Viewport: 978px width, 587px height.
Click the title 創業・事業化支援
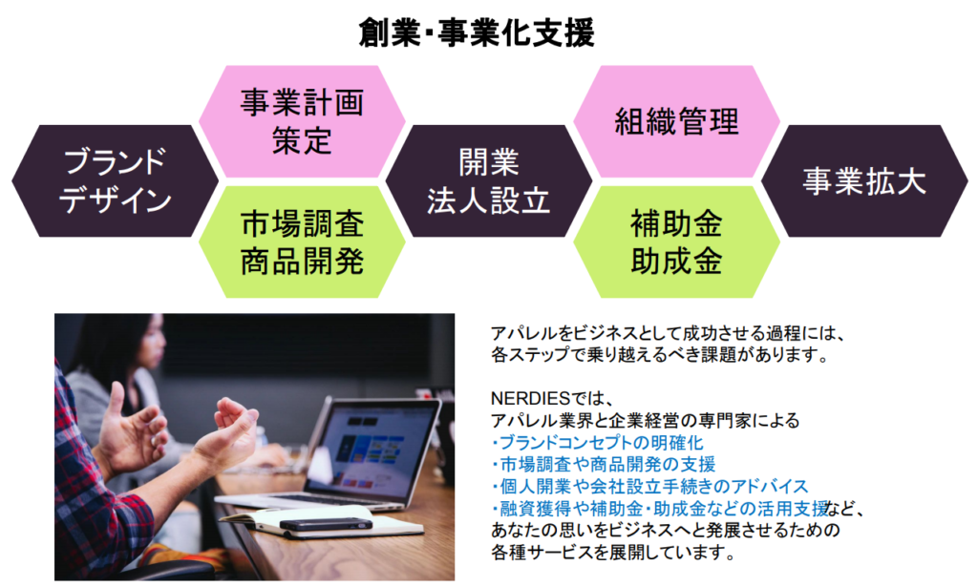(477, 33)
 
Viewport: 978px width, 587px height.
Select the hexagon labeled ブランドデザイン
(116, 180)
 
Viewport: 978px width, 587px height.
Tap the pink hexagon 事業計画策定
(303, 121)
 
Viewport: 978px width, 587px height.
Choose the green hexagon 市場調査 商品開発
(303, 241)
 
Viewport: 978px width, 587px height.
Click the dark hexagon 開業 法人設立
(489, 180)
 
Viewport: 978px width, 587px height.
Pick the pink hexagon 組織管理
(677, 121)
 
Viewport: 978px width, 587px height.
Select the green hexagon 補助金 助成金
(677, 241)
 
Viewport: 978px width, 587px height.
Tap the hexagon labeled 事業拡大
(864, 180)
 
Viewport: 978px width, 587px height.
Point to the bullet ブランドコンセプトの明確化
(598, 443)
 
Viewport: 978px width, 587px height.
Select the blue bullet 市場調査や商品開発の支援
(604, 465)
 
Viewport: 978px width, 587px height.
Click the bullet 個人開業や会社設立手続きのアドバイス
(649, 487)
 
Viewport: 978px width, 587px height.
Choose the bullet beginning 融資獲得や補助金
(660, 509)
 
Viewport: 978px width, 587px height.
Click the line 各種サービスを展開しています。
(612, 552)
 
